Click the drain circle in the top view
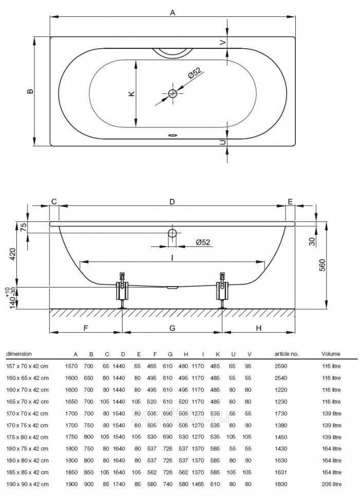(172, 93)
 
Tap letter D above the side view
(173, 202)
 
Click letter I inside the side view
(173, 257)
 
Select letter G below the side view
(172, 328)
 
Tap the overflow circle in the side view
(172, 234)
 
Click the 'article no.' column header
(287, 354)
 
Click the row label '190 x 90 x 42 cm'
(27, 484)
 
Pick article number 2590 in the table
(282, 366)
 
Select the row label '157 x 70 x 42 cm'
(27, 366)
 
